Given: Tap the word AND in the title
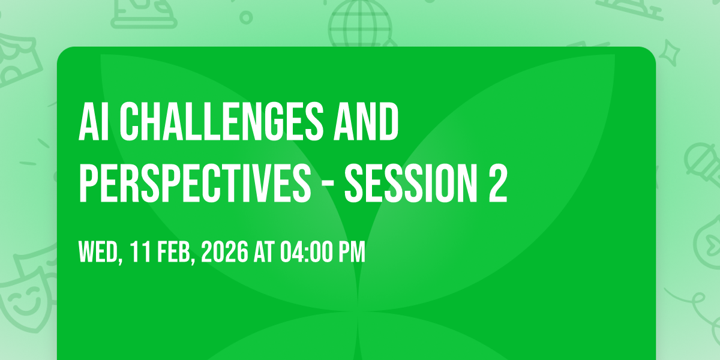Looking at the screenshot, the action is (x=366, y=122).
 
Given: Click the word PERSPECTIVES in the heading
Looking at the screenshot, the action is (x=195, y=183).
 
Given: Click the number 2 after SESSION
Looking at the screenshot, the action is (x=498, y=183).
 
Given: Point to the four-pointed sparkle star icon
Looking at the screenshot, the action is (x=670, y=53).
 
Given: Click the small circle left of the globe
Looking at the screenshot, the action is (x=246, y=17).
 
